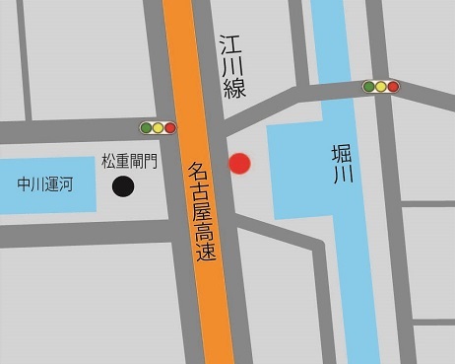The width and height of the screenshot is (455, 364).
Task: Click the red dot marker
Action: point(240,164)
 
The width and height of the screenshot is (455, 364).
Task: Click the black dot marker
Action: point(123,185)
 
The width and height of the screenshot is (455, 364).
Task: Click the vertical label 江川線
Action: point(232,66)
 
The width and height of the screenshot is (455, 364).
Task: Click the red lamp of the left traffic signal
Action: point(169,127)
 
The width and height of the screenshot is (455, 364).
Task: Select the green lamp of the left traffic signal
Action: point(146,127)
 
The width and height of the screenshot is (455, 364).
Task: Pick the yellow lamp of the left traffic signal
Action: point(158,127)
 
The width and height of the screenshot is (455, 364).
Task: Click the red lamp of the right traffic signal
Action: point(394,87)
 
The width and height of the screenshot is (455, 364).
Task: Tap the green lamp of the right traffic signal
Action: point(369,87)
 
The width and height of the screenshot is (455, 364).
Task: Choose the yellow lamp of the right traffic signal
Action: point(381,87)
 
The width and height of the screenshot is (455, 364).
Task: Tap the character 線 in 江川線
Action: point(233,89)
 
